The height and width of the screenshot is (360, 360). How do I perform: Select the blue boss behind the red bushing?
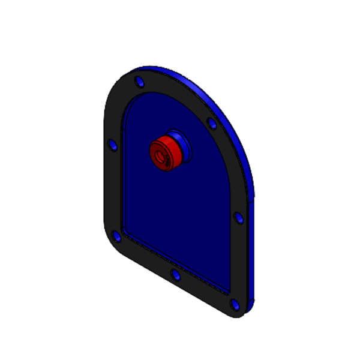click(x=180, y=143)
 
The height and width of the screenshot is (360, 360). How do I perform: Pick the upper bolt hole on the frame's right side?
click(x=212, y=124)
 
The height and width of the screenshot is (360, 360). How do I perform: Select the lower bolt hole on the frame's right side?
click(x=238, y=217)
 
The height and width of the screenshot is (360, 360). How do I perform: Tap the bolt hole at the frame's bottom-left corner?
click(x=118, y=238)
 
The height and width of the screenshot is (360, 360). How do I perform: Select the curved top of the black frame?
click(x=174, y=90)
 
